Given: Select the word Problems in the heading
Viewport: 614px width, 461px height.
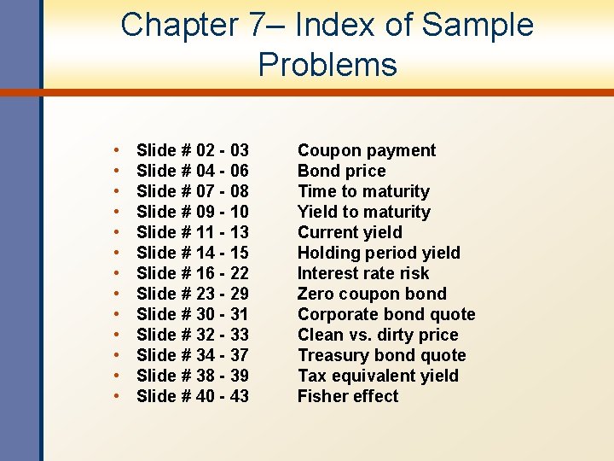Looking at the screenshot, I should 327,65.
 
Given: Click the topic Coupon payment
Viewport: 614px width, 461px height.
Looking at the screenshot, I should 366,151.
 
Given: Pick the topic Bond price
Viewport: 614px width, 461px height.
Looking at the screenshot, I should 341,172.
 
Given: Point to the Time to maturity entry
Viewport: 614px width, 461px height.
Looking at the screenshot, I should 363,192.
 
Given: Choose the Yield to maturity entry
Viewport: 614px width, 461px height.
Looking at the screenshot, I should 363,213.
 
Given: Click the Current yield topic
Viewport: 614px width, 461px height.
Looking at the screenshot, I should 350,233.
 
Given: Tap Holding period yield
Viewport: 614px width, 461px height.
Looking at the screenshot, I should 379,254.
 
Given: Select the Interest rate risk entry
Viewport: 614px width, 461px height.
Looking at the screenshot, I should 363,274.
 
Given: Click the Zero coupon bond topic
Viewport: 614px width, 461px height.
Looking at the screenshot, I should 372,295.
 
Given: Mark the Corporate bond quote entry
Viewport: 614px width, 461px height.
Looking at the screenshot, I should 386,315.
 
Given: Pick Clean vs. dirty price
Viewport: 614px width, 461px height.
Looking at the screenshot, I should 378,336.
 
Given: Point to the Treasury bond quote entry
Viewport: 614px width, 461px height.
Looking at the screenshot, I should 381,356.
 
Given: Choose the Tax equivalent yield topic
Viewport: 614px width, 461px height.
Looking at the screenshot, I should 378,376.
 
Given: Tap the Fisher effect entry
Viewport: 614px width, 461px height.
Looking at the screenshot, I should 348,397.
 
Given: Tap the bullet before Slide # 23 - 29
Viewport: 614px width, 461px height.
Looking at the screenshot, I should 116,295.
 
